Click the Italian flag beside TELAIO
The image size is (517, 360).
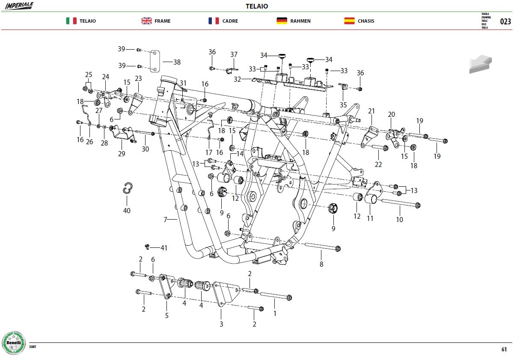point(71,21)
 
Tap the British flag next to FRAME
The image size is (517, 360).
point(146,21)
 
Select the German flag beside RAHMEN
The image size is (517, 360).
point(282,21)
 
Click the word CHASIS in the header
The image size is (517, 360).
point(366,21)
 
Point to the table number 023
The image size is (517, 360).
point(505,21)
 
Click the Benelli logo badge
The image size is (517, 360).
point(14,343)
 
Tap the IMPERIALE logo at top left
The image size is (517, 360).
point(19,6)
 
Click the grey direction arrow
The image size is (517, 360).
point(481,64)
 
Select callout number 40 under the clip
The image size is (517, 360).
point(127,211)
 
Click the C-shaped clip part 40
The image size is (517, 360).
point(128,188)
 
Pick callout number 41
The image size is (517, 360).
point(164,248)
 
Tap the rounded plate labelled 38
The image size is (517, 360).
point(155,61)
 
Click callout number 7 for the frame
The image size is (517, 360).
point(165,219)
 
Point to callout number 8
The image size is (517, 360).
point(321,264)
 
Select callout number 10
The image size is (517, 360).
point(400,220)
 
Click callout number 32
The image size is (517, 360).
point(237,80)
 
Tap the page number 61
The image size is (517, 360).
point(504,349)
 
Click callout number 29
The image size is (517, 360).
point(122,154)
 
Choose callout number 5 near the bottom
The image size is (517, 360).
point(166,315)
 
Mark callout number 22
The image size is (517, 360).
point(378,165)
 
